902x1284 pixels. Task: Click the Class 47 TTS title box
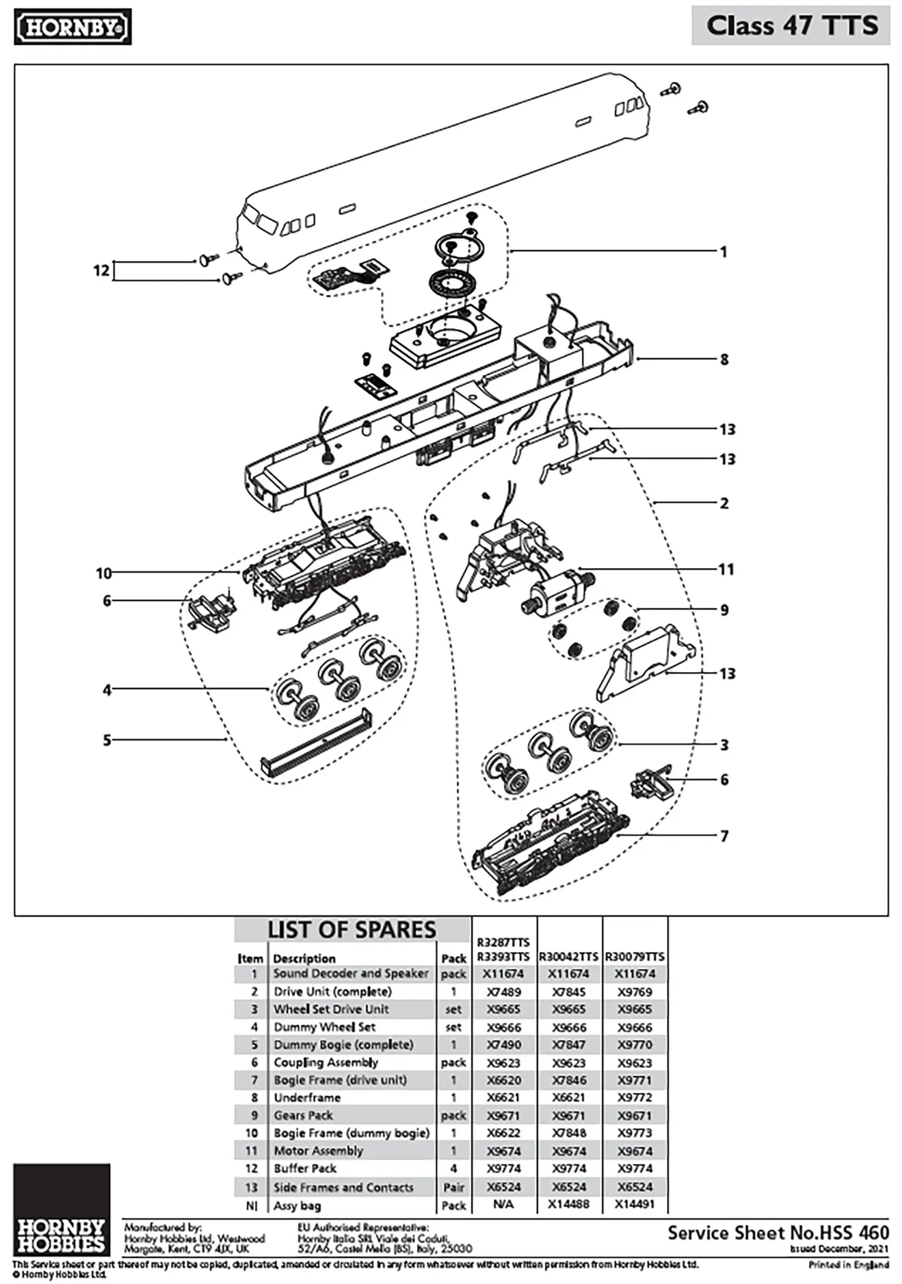(x=791, y=26)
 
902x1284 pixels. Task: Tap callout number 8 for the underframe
(x=724, y=359)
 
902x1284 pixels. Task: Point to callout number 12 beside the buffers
(x=101, y=270)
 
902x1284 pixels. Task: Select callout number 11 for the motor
(x=726, y=569)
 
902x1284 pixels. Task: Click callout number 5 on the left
(x=107, y=740)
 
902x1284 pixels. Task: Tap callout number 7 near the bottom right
(x=724, y=836)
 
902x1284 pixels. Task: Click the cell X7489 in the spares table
(x=503, y=992)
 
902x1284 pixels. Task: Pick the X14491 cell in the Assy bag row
(x=635, y=1204)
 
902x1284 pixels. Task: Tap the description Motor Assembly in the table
(x=318, y=1151)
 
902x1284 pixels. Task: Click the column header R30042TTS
(x=568, y=956)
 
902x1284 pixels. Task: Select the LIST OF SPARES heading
(x=351, y=930)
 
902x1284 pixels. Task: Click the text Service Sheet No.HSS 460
(x=778, y=1233)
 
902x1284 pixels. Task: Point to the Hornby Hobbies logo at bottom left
(x=61, y=1208)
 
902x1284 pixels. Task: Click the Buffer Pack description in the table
(x=305, y=1168)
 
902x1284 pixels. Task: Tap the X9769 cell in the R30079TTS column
(x=635, y=992)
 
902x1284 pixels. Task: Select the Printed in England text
(x=848, y=1264)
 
